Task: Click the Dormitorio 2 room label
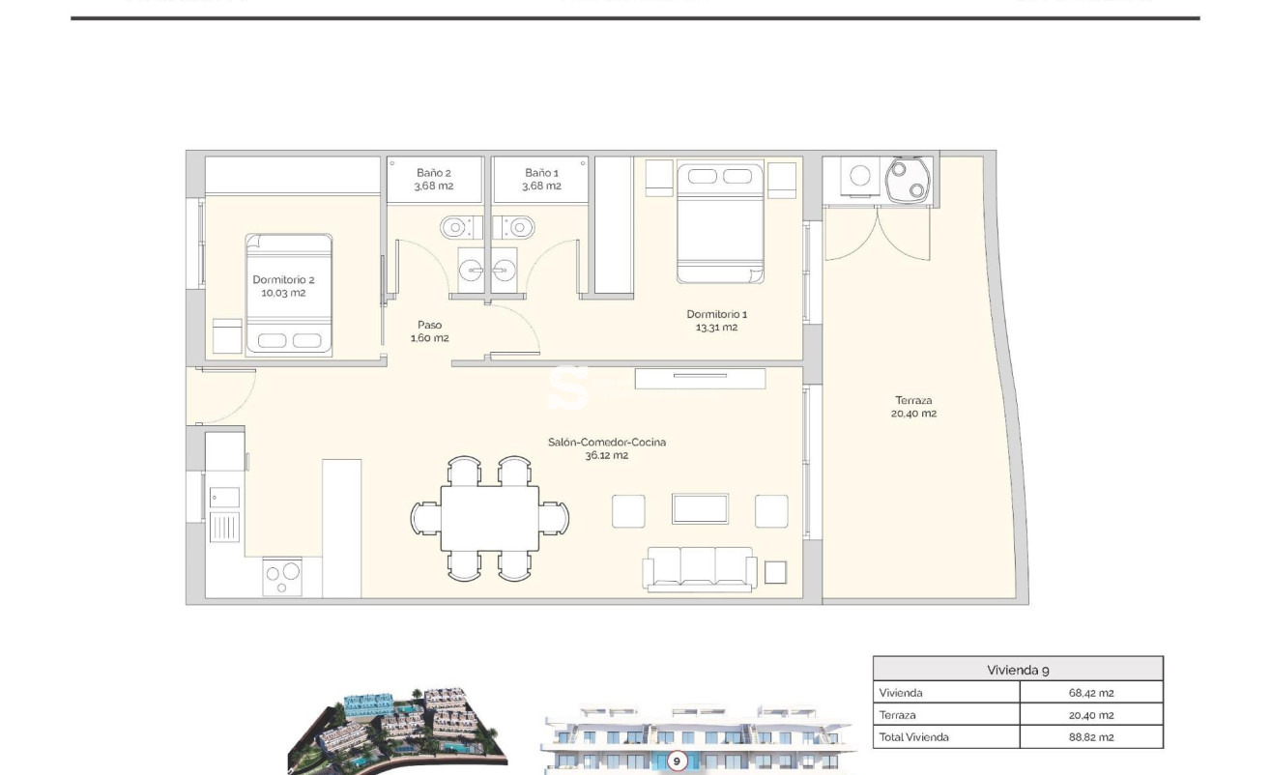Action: tap(283, 286)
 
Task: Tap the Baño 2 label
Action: tap(434, 180)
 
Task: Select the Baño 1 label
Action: tap(541, 180)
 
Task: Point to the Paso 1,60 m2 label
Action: tap(429, 331)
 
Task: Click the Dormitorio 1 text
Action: tap(716, 320)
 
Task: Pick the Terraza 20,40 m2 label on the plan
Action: tap(914, 407)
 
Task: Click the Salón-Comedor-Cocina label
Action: tap(606, 448)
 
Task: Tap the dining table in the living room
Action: tap(489, 518)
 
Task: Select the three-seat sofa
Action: tap(699, 568)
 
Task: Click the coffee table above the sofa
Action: tap(700, 508)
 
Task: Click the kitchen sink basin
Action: tap(225, 497)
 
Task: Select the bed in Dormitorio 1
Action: tap(720, 224)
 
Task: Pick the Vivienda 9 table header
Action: tap(1018, 670)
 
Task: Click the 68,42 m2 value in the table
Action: tap(1091, 693)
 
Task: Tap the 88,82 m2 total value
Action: tap(1091, 737)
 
